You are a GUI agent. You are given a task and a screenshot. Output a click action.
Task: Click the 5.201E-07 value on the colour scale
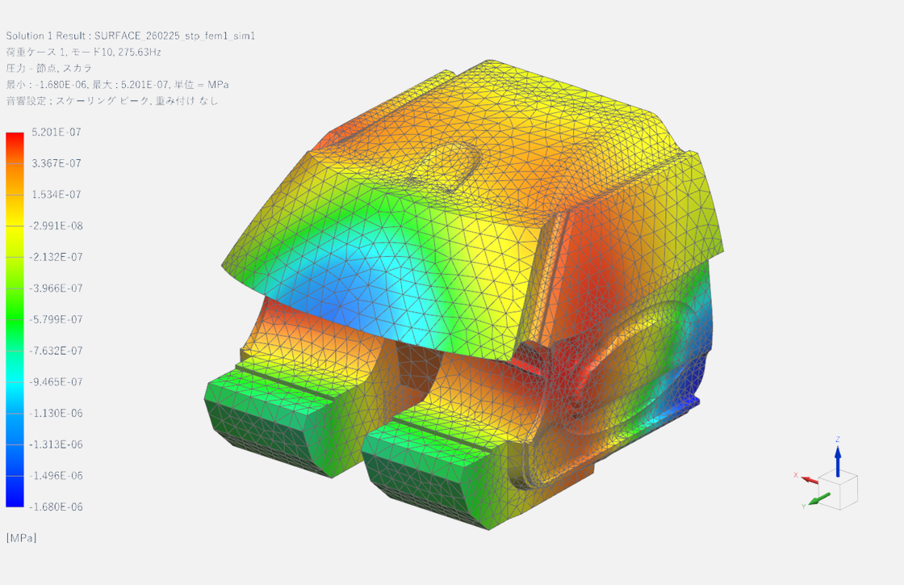click(56, 133)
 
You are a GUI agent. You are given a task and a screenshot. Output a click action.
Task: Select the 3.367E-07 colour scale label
click(56, 163)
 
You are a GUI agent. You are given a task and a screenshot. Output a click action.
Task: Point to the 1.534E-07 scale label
click(56, 195)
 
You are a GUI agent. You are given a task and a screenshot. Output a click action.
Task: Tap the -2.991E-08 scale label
click(56, 225)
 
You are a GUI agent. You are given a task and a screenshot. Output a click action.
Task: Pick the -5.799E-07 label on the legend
click(56, 319)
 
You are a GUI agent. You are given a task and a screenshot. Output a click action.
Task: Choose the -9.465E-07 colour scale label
click(56, 382)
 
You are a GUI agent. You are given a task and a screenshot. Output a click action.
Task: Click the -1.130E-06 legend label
click(56, 413)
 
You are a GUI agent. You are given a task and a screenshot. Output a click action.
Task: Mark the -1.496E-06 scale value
click(56, 475)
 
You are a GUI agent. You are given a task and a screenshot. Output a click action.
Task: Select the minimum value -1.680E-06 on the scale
click(56, 507)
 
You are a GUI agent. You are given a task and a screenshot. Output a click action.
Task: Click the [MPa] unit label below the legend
click(21, 537)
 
